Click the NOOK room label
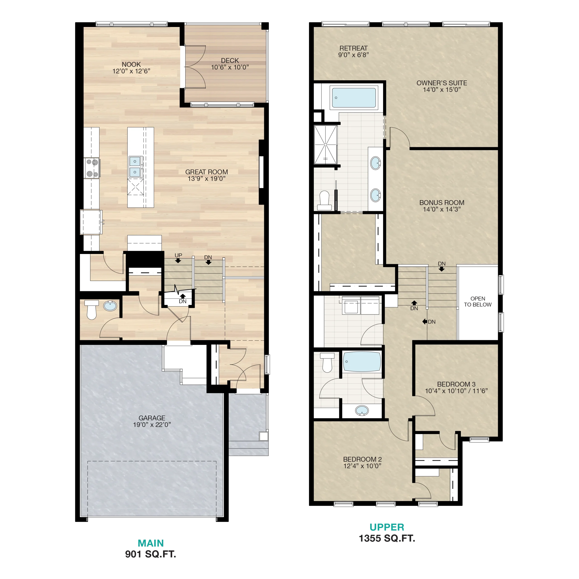tap(131, 64)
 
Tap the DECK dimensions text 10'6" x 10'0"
tap(230, 67)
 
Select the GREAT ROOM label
tap(206, 172)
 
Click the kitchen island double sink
tap(135, 167)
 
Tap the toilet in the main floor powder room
tap(91, 310)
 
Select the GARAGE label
tap(152, 418)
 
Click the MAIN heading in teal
tap(151, 543)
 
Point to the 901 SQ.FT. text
tap(150, 554)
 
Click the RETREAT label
tap(353, 48)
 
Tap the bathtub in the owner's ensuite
tap(354, 98)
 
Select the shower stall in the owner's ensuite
tap(325, 145)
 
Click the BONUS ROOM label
tap(442, 203)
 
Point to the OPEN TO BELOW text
tap(478, 301)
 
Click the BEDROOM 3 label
tap(456, 384)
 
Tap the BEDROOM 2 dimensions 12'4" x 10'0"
tap(362, 466)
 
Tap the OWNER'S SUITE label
tap(442, 83)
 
